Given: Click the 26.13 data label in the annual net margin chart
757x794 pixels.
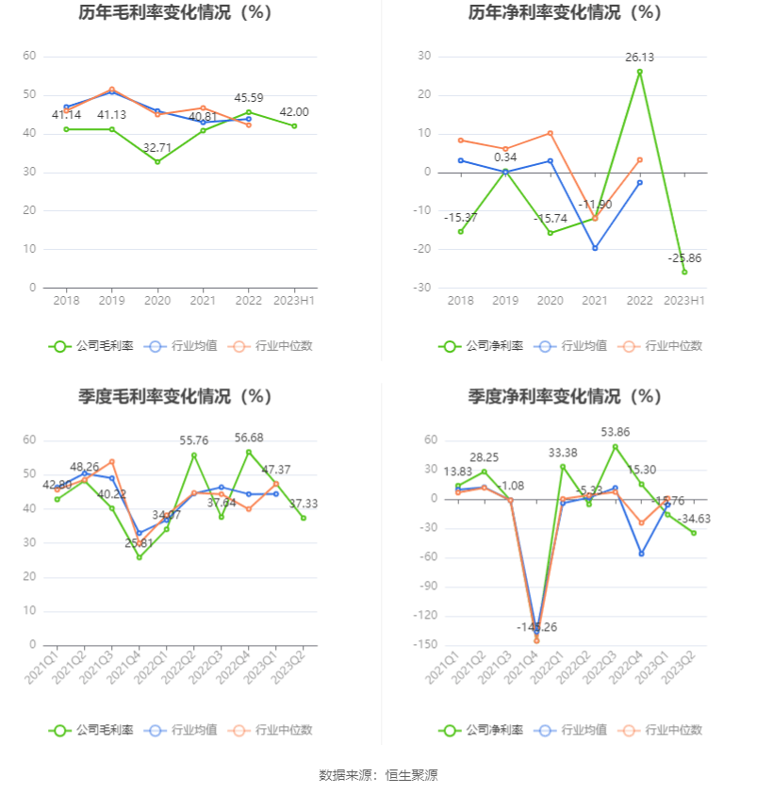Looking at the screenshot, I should [639, 58].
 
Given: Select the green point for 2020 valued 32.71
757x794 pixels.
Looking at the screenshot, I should [157, 162].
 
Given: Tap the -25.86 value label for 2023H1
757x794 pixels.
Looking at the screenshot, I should [684, 258].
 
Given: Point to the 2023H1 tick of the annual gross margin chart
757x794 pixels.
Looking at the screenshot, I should [294, 301].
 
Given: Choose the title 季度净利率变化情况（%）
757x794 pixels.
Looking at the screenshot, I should [565, 397].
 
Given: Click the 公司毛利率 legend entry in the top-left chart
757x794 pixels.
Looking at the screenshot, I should [91, 346].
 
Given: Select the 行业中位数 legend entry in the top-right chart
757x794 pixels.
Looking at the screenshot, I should [662, 346].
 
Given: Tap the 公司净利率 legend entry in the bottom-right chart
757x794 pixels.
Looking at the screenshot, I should [481, 730].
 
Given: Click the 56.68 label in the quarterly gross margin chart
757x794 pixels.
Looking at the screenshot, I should [249, 438].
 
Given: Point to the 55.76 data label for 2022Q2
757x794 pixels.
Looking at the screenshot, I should [194, 440].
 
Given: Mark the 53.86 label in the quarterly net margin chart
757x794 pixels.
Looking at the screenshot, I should [615, 432].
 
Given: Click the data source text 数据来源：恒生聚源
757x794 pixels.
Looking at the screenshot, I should [378, 775].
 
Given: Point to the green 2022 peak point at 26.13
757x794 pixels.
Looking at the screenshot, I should [639, 72].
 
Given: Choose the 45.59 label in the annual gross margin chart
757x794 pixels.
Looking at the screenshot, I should [249, 97].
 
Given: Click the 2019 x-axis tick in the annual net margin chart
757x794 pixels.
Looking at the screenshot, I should [505, 301].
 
